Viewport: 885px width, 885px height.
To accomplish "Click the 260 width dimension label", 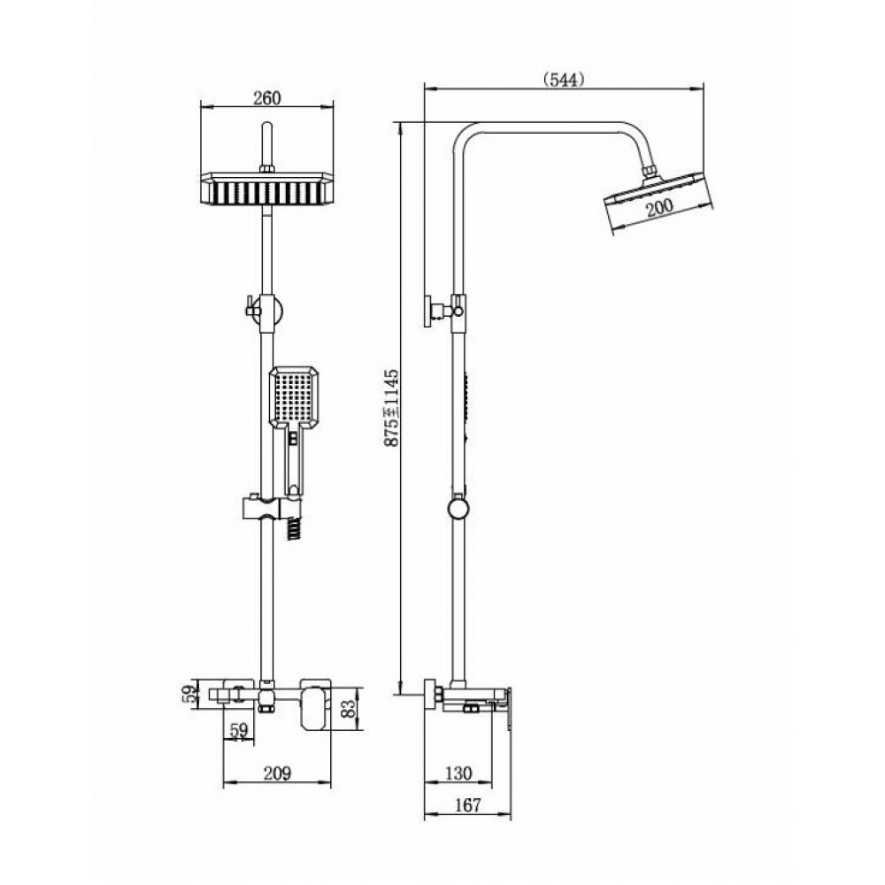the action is [266, 98].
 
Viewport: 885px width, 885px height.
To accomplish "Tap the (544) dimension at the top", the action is [564, 81].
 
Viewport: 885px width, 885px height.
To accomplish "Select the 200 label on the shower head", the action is [659, 206].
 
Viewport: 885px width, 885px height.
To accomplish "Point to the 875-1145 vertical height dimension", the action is [391, 407].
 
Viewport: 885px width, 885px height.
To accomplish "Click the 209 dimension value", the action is [277, 773].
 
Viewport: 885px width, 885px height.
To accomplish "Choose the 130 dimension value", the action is [458, 773].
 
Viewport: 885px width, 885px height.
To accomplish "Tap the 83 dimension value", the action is [350, 708].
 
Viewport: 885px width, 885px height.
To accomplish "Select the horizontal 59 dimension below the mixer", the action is [239, 730].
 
